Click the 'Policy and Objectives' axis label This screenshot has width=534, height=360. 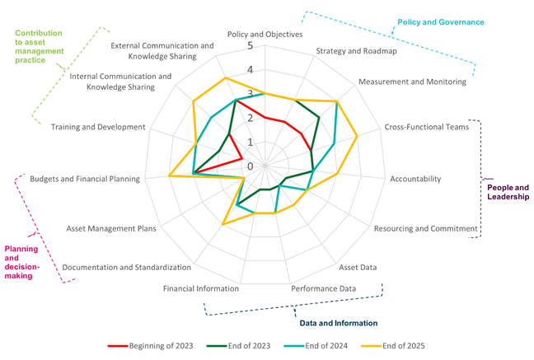click(x=265, y=35)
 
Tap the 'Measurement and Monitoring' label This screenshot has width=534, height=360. click(x=412, y=82)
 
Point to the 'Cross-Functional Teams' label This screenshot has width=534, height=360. click(x=426, y=127)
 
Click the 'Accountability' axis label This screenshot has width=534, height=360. click(x=415, y=179)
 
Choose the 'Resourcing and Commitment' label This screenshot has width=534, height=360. click(x=425, y=228)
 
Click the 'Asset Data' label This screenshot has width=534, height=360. click(x=358, y=267)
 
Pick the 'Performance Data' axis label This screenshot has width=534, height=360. click(x=323, y=288)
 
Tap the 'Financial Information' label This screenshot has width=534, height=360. click(x=201, y=288)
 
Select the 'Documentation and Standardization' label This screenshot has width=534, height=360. click(x=127, y=267)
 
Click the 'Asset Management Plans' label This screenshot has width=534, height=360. click(x=111, y=228)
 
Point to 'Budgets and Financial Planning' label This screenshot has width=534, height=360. click(x=85, y=179)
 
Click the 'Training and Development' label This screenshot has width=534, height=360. click(x=98, y=127)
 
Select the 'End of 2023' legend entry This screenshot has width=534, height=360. click(x=239, y=345)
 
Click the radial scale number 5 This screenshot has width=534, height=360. click(x=250, y=46)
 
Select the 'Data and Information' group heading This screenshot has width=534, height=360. click(x=338, y=323)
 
